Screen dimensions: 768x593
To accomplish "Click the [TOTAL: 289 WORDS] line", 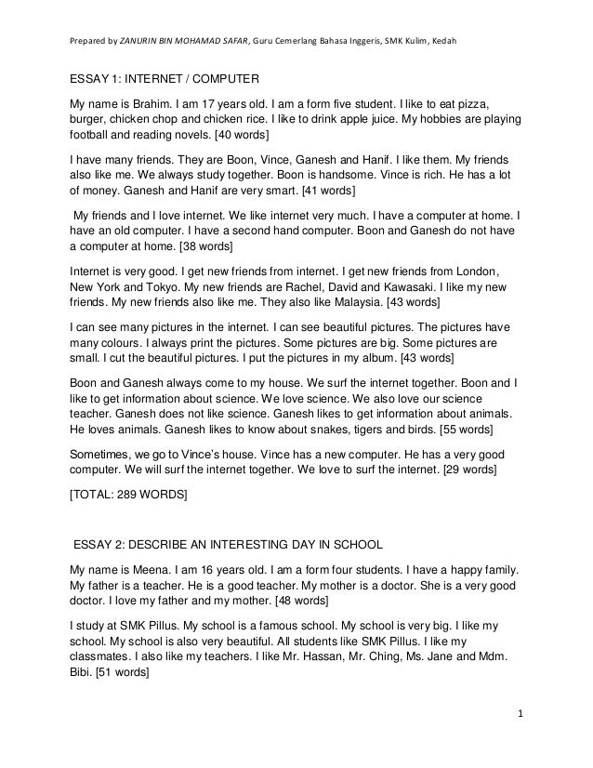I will point(128,497).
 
